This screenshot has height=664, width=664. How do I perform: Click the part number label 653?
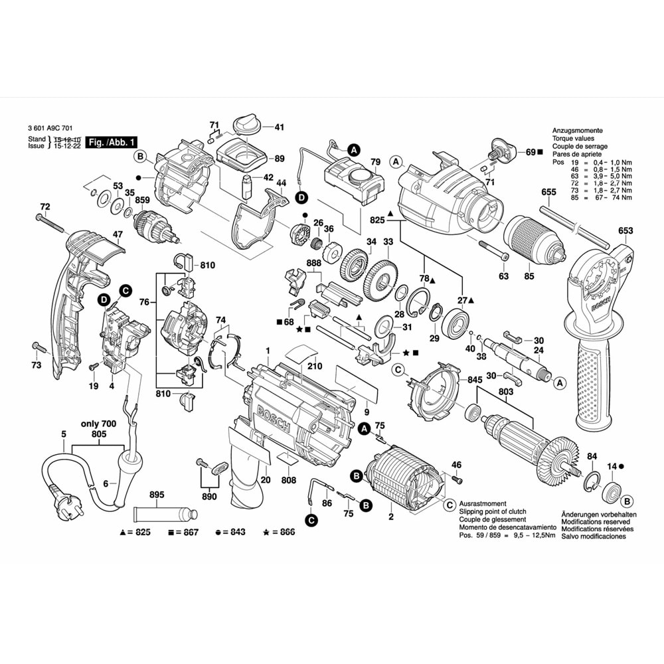[x=625, y=231]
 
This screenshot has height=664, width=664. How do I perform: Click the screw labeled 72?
[x=50, y=222]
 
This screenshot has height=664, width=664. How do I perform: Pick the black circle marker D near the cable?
[x=301, y=197]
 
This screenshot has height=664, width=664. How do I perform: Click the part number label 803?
[x=507, y=392]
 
